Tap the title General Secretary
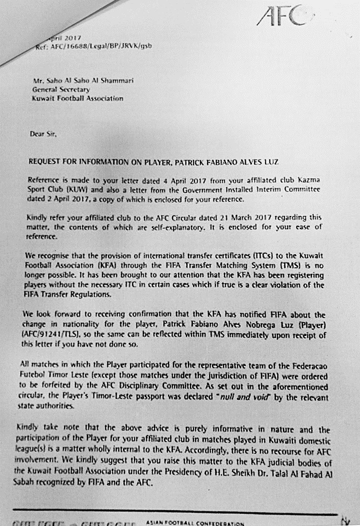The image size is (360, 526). tap(60, 89)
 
